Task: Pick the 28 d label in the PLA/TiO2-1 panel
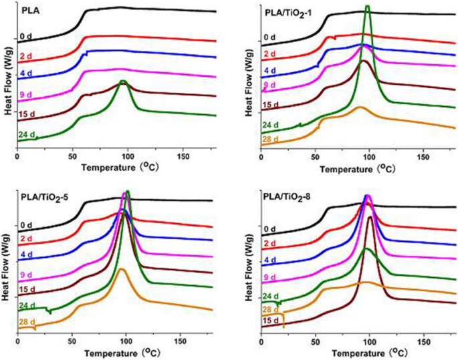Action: [x=271, y=139]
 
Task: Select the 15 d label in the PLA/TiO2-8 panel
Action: [x=271, y=322]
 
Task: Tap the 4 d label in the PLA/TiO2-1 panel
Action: [x=269, y=70]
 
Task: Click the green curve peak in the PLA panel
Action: [x=122, y=82]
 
